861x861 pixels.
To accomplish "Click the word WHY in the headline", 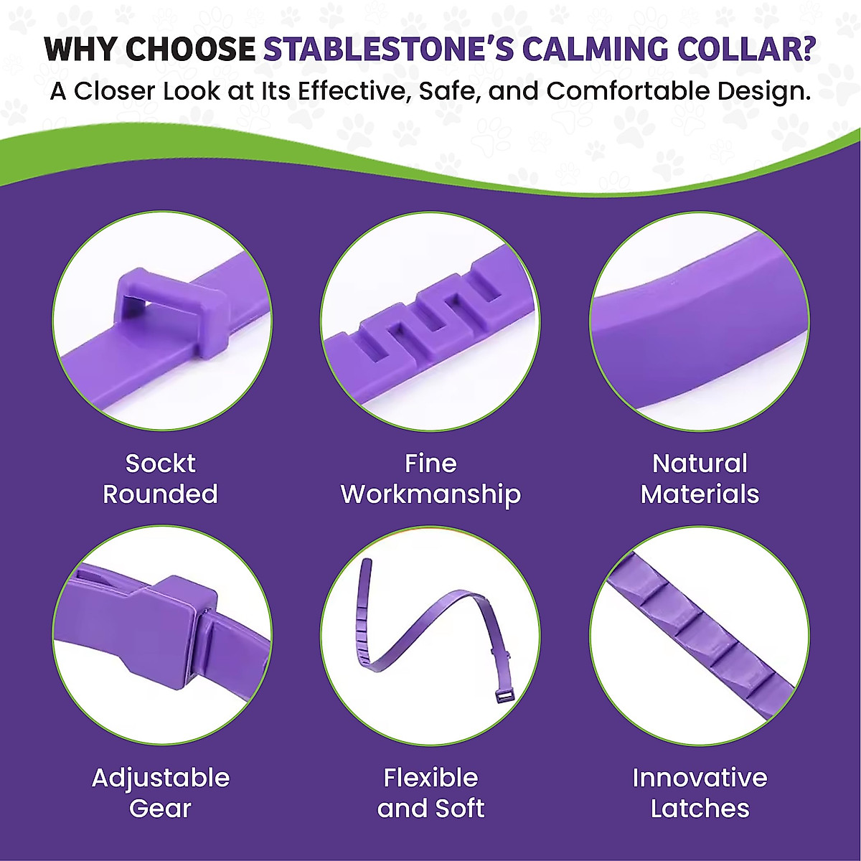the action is point(83,49).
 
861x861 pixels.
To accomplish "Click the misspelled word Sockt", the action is point(161,464).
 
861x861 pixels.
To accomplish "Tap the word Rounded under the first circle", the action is point(161,494).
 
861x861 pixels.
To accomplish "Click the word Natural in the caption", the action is point(700,464).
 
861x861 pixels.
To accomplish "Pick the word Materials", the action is point(700,494).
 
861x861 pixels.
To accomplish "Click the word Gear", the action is point(161,809).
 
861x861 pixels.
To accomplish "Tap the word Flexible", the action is point(430,778).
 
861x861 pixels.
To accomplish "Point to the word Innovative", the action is point(700,778).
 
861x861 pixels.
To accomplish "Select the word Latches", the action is point(700,809).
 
